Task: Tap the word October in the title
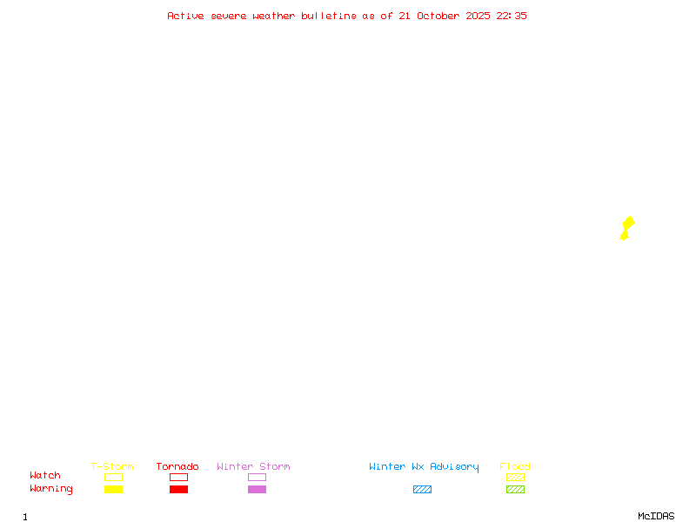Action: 438,16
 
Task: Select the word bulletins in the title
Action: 329,16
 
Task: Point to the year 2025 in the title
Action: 478,16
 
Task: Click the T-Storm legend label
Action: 112,466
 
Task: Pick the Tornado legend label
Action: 177,466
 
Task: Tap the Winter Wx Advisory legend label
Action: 424,467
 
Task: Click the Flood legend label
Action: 515,466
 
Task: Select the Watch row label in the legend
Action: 45,475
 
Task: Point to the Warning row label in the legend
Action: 51,489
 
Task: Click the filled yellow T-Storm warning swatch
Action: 114,489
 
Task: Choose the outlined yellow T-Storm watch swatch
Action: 114,477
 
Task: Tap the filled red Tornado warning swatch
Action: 179,489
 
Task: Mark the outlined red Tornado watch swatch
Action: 179,477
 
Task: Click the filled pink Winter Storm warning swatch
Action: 257,489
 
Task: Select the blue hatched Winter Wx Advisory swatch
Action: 422,489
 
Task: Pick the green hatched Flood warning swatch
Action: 515,489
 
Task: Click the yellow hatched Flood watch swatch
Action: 515,477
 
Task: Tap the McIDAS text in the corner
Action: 656,516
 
